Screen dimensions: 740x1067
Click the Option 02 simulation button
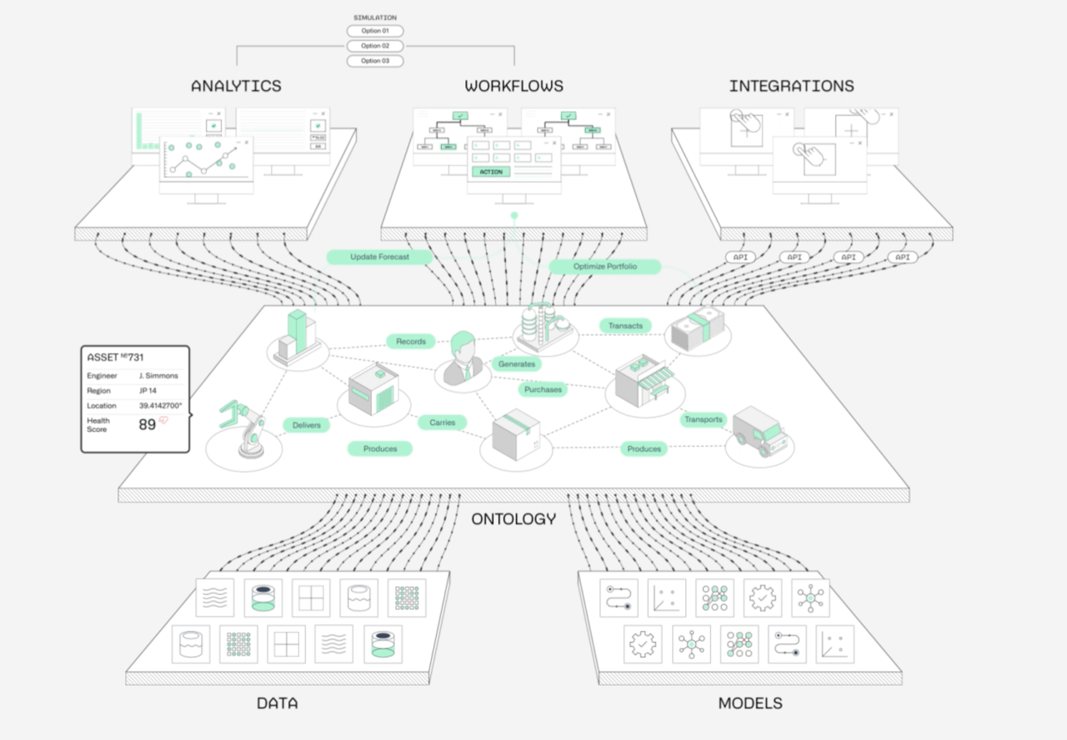click(375, 46)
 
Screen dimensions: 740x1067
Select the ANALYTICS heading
click(236, 86)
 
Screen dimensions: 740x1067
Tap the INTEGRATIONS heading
click(791, 86)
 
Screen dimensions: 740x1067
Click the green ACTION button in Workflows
click(491, 172)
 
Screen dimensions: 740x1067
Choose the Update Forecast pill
click(379, 257)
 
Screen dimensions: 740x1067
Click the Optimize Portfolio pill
click(604, 267)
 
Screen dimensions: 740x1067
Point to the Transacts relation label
click(625, 326)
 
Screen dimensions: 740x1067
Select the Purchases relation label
click(543, 389)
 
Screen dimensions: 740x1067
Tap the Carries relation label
click(442, 422)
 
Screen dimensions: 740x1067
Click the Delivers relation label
click(306, 425)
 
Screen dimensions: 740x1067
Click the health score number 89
click(148, 424)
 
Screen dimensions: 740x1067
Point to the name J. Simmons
click(158, 376)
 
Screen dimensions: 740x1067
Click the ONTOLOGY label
click(513, 519)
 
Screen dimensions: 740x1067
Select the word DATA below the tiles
click(278, 703)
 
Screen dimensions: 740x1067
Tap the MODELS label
click(750, 703)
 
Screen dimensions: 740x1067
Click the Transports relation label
click(703, 419)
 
